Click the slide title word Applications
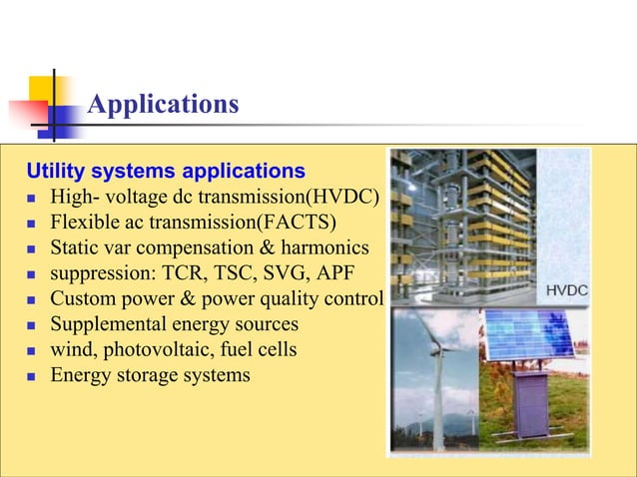click(x=163, y=104)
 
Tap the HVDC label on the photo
click(x=566, y=290)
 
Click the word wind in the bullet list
click(x=70, y=350)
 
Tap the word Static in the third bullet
click(x=75, y=246)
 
